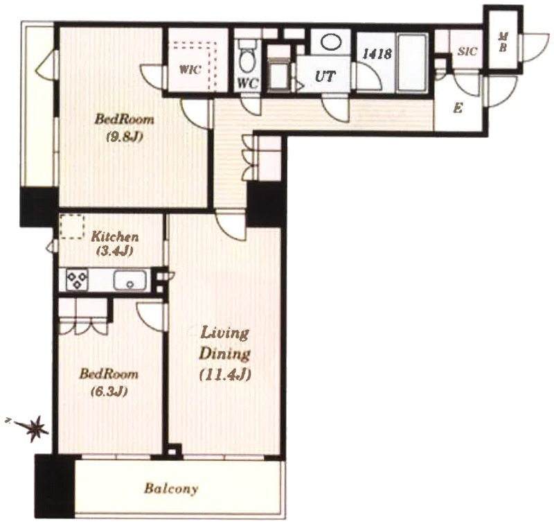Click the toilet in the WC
click(247, 57)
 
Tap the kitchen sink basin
click(129, 280)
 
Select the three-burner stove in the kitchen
click(77, 280)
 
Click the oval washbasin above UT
click(332, 42)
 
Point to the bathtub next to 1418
click(413, 62)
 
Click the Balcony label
click(171, 489)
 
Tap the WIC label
click(190, 69)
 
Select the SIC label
click(467, 51)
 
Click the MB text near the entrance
click(502, 42)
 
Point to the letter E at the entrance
click(458, 108)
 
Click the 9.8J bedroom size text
click(125, 137)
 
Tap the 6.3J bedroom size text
click(109, 392)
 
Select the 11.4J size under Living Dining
click(225, 375)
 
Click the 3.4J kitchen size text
click(114, 251)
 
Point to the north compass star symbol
click(36, 428)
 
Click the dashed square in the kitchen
click(72, 226)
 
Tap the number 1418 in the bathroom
click(377, 54)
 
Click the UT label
click(325, 76)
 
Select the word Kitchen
click(115, 236)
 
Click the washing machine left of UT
click(279, 73)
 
